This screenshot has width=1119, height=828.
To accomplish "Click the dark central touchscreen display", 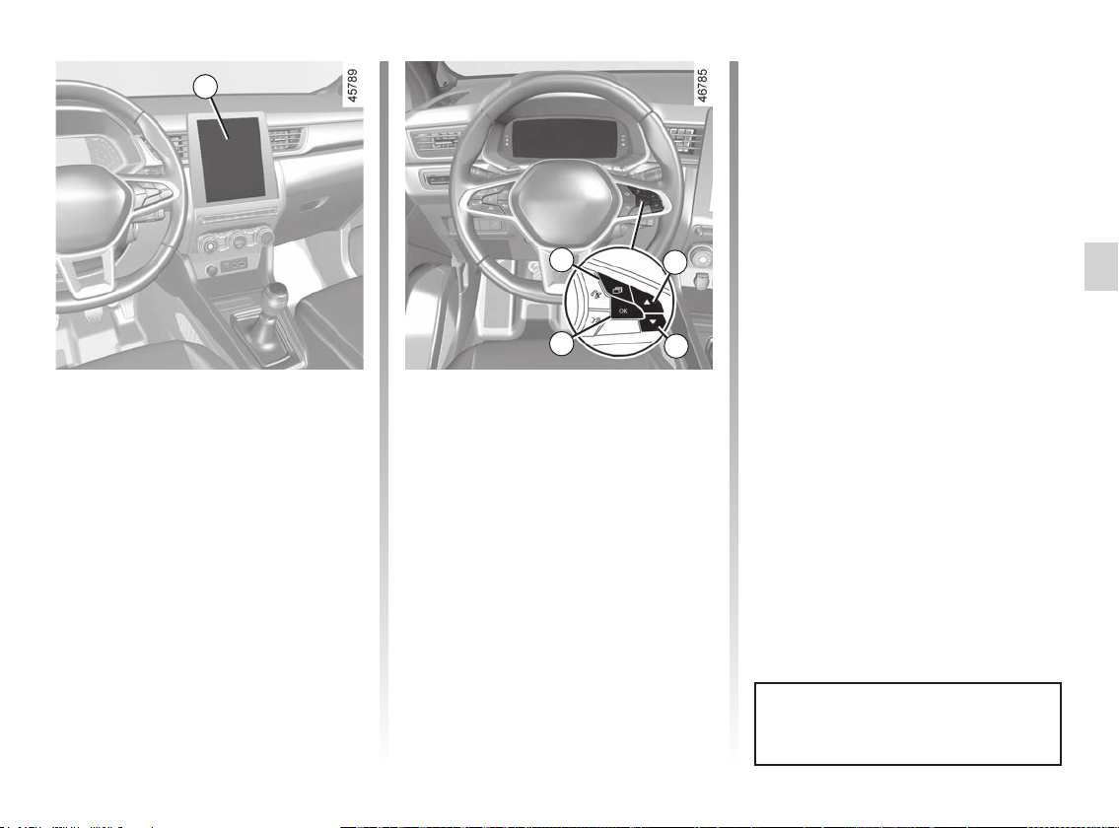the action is (x=231, y=159).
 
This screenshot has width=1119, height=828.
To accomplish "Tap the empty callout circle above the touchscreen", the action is (x=205, y=87).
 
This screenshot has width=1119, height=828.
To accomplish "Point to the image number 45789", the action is (x=352, y=86).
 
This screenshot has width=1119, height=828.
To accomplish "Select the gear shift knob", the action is (x=275, y=295).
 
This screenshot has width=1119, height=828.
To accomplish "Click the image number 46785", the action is (x=702, y=86).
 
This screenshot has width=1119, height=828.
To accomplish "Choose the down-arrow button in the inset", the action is (x=653, y=323).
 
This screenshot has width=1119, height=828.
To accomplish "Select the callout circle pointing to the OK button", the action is (x=562, y=344).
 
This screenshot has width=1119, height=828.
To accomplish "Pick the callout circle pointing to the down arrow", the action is (x=675, y=346).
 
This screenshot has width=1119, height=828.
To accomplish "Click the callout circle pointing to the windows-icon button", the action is (x=562, y=260).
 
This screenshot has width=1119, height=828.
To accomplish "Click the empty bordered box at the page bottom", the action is (x=908, y=724).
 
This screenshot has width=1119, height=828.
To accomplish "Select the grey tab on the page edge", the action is (x=1101, y=266).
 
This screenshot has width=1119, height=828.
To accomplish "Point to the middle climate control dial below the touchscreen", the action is (x=237, y=243).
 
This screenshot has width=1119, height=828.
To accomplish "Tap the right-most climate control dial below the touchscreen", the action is (x=265, y=237).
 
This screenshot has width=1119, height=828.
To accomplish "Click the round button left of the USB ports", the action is (x=211, y=270).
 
